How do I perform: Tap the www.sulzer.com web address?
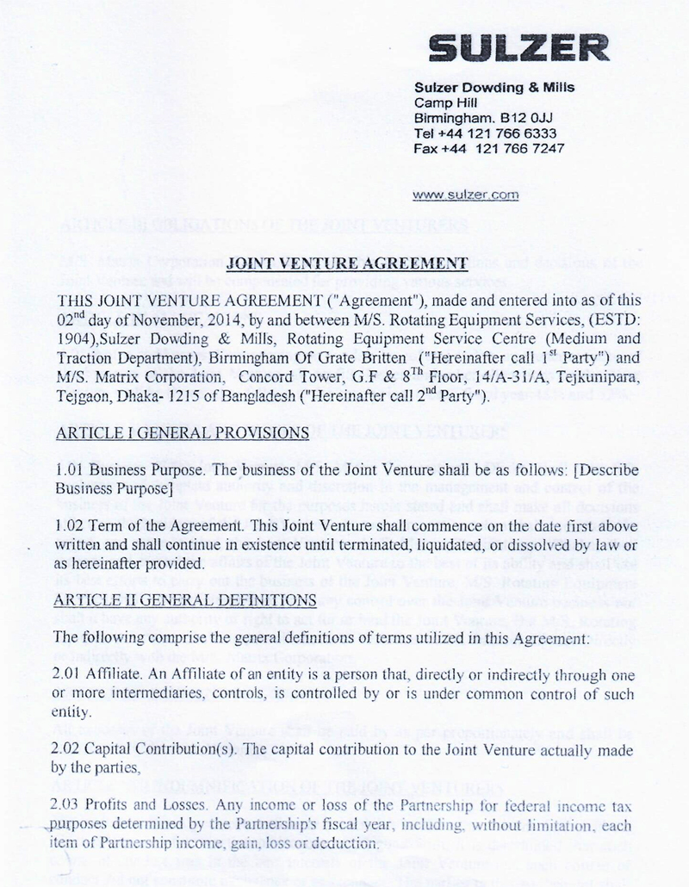click(466, 195)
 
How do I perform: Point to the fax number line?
click(489, 147)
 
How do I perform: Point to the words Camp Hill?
click(440, 103)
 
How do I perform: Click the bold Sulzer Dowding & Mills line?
click(493, 88)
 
